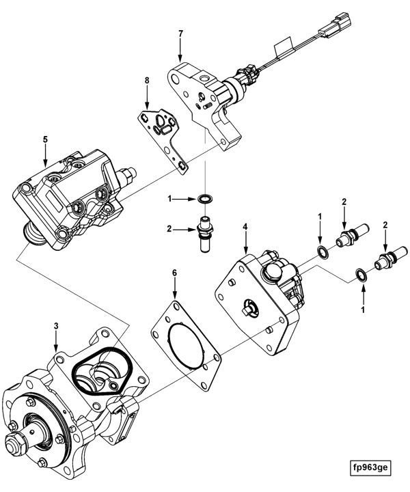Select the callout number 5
point(45,139)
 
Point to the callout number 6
point(174,273)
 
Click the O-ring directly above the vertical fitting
point(203,198)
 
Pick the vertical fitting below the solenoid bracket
point(203,233)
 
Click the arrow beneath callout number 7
point(180,50)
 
